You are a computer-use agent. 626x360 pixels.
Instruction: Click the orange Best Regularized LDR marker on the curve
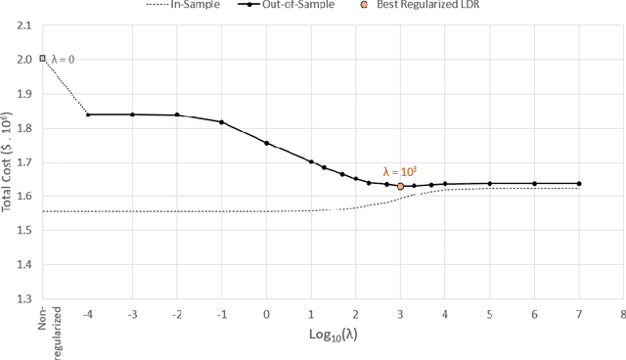[400, 186]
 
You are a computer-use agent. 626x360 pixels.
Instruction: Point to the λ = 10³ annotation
[400, 171]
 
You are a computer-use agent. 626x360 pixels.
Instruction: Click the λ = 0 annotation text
[63, 60]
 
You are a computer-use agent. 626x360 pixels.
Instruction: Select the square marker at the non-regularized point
[43, 59]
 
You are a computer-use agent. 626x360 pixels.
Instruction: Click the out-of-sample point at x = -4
[88, 114]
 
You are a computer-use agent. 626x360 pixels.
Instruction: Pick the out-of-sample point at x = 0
[266, 143]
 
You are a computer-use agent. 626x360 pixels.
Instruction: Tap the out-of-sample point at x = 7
[578, 183]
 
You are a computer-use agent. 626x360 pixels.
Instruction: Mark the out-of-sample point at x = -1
[222, 122]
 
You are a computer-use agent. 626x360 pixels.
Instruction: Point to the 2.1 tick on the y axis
[22, 24]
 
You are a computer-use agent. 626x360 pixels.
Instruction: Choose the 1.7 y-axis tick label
[22, 161]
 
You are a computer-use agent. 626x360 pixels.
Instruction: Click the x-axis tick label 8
[622, 314]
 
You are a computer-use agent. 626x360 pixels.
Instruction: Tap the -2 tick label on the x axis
[176, 314]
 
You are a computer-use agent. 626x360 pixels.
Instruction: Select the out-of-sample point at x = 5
[489, 183]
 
